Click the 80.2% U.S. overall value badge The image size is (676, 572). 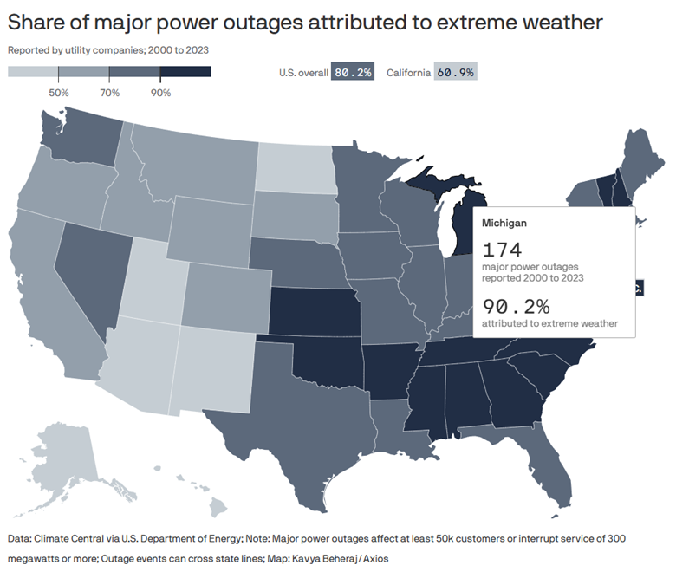[353, 73]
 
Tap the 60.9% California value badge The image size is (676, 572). [456, 73]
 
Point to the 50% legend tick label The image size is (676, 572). [59, 92]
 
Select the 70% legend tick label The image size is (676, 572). [110, 92]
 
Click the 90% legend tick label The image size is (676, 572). [160, 92]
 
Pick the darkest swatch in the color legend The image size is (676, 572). [185, 72]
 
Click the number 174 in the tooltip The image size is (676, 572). [503, 250]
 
